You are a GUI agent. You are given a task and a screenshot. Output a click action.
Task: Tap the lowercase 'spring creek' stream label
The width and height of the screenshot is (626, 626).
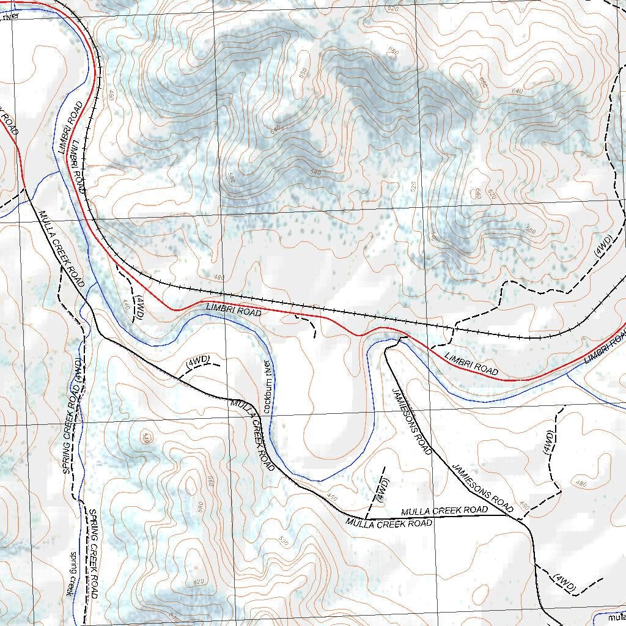[72, 573]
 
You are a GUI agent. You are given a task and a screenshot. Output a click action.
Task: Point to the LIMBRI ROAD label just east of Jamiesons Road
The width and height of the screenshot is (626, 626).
[471, 364]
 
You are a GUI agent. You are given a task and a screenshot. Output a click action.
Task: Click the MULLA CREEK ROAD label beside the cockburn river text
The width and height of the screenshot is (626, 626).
[252, 434]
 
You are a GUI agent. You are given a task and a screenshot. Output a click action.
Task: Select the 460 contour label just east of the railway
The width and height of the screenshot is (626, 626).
[111, 95]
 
